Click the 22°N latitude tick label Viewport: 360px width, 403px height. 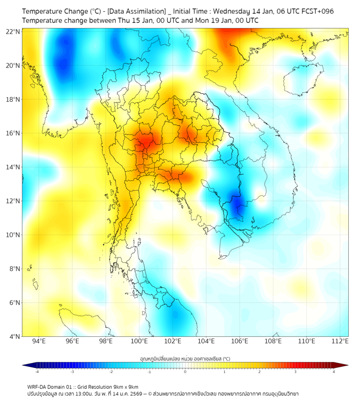coord(13,31)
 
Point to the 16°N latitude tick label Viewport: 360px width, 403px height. coord(13,133)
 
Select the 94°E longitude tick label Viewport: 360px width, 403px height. coord(39,341)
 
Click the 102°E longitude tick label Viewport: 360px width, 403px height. coord(173,341)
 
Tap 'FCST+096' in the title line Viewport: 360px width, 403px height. coord(317,11)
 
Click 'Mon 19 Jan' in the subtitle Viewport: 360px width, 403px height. coord(203,20)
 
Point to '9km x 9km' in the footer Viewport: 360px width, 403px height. coord(126,387)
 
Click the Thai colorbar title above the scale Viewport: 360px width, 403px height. coord(185,358)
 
